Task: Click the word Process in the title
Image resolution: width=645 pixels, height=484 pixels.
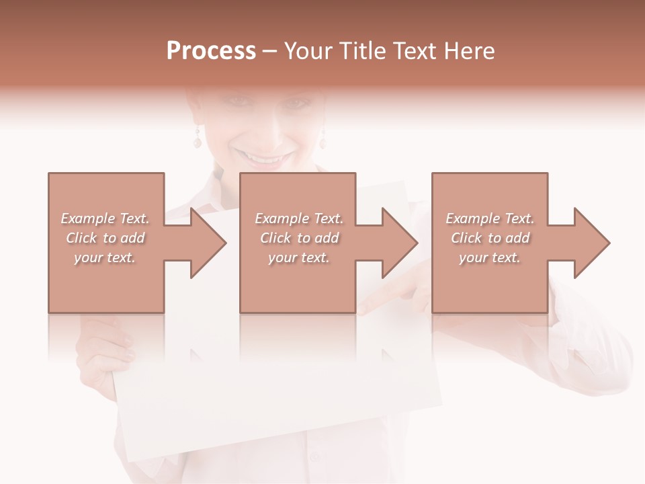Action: (211, 51)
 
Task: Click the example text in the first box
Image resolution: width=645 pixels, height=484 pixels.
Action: (105, 238)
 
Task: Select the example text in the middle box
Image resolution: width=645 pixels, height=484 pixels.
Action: (299, 238)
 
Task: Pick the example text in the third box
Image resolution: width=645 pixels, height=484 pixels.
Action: (490, 238)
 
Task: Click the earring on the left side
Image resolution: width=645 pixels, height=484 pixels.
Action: (197, 140)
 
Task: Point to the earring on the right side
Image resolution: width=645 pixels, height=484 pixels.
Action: (322, 140)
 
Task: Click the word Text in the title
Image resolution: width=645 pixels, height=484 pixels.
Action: (418, 51)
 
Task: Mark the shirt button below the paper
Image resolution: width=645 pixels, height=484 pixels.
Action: (314, 457)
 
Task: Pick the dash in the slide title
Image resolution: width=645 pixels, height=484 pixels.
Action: (269, 51)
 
